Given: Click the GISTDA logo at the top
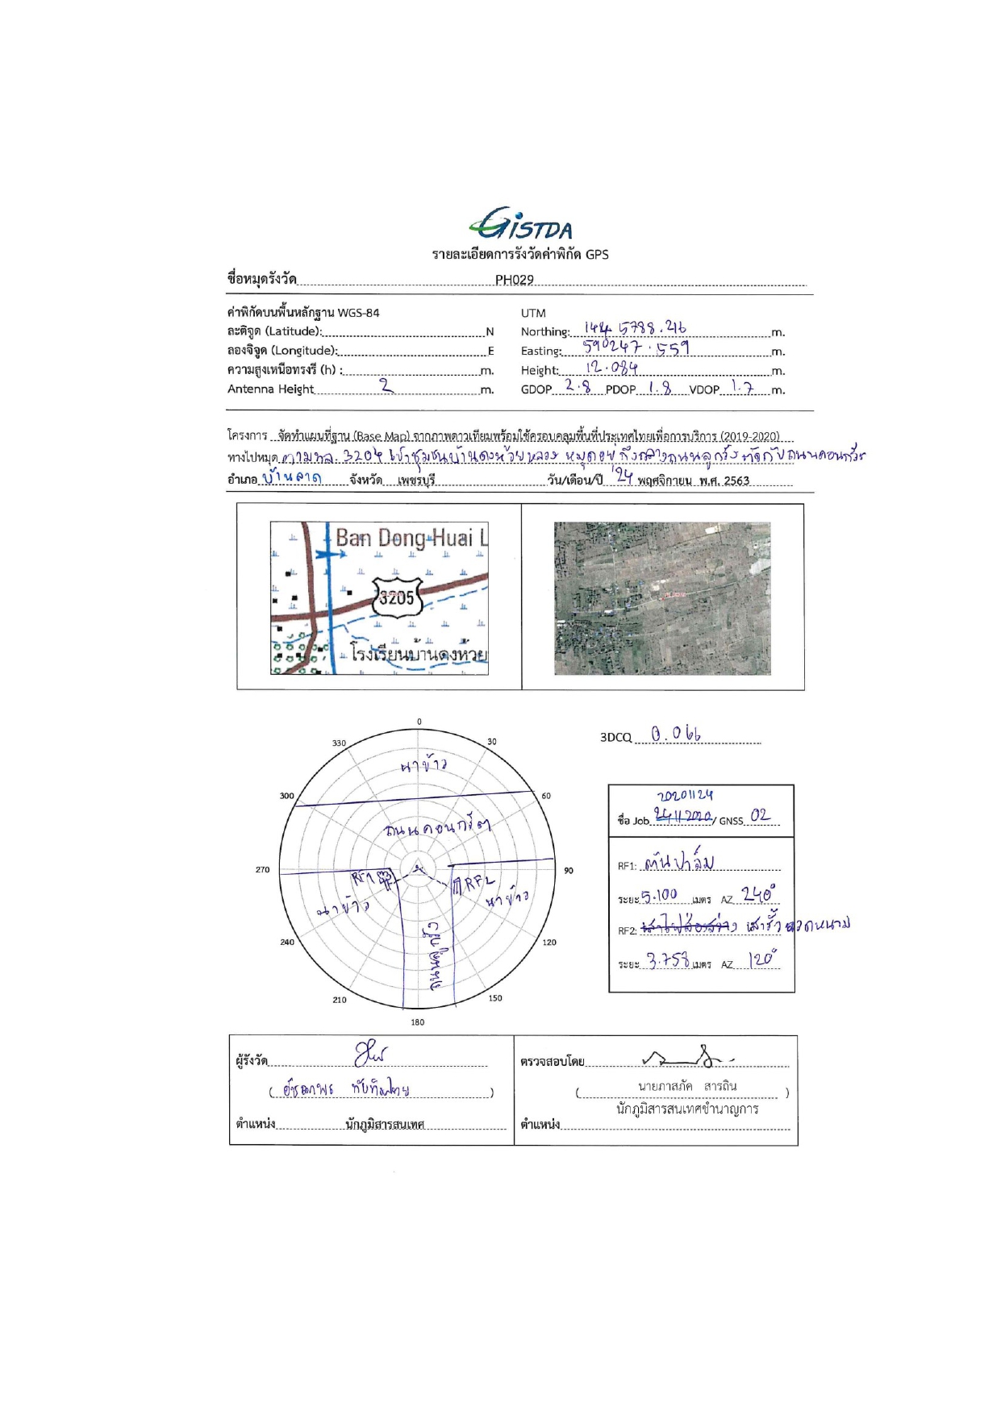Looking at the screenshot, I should pyautogui.click(x=520, y=223).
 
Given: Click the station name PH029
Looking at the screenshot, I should pyautogui.click(x=514, y=280).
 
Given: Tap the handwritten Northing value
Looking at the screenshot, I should pyautogui.click(x=635, y=328).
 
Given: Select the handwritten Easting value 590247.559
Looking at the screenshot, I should pyautogui.click(x=636, y=348).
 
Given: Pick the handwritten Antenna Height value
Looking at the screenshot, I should pyautogui.click(x=387, y=386).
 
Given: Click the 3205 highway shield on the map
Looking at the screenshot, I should pyautogui.click(x=397, y=597).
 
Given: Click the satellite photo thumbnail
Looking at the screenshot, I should pyautogui.click(x=662, y=598).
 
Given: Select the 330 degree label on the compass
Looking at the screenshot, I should pyautogui.click(x=339, y=743).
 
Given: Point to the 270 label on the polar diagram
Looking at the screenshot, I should pyautogui.click(x=263, y=869).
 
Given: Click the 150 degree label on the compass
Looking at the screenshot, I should pyautogui.click(x=495, y=998).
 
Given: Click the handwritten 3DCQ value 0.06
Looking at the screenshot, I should pyautogui.click(x=676, y=734).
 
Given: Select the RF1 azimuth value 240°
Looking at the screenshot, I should pyautogui.click(x=757, y=894).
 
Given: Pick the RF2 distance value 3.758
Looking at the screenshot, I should pyautogui.click(x=668, y=960).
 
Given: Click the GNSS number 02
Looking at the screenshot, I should pyautogui.click(x=760, y=815).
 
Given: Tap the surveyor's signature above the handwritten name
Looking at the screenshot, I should pyautogui.click(x=370, y=1053).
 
